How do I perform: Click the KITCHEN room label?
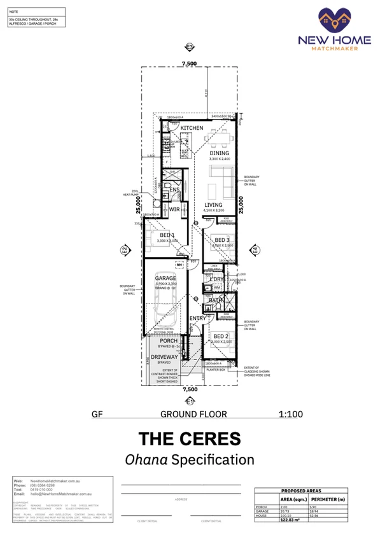[192, 129]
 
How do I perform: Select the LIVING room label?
[213, 205]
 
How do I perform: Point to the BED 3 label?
[223, 240]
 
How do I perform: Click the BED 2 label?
[221, 336]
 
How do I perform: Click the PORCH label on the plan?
[169, 341]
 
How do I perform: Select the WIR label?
[174, 209]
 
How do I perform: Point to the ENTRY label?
[197, 318]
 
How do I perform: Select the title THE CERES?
[189, 438]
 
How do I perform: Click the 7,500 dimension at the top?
[189, 64]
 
